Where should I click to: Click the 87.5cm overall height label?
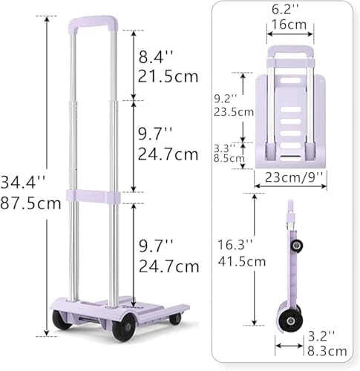(30, 203)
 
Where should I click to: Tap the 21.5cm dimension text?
(168, 76)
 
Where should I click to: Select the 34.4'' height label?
(24, 182)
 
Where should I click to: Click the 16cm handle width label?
(289, 24)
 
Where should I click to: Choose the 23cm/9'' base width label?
(294, 177)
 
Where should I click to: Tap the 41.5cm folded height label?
(242, 262)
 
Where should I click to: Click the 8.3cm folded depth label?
(327, 351)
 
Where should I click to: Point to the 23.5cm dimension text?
(234, 112)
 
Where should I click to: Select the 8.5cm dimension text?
(229, 158)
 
